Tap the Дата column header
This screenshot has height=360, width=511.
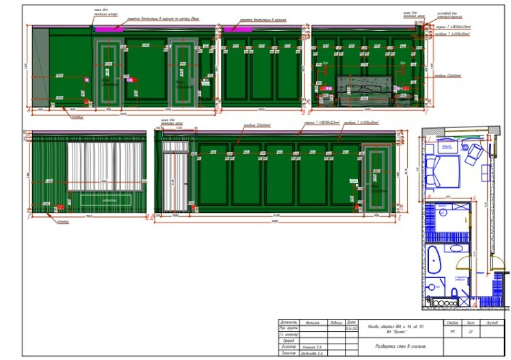(352, 321)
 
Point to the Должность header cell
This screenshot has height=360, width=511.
(289, 321)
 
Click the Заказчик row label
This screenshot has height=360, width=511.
(288, 354)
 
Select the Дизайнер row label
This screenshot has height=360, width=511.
(288, 348)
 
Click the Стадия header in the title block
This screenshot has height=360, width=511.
(451, 321)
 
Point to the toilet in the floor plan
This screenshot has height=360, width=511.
(454, 294)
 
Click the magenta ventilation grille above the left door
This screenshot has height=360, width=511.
(107, 29)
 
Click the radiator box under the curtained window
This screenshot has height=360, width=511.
(105, 201)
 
